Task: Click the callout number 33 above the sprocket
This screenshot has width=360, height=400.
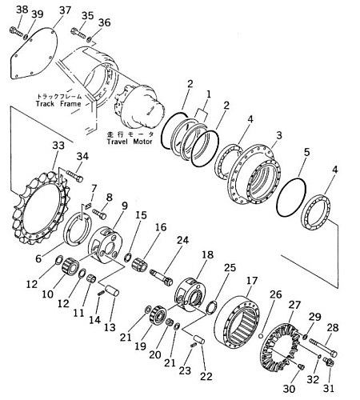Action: (x=58, y=146)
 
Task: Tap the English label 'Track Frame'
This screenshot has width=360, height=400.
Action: (x=58, y=103)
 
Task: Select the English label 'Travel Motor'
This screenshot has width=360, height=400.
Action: (x=130, y=142)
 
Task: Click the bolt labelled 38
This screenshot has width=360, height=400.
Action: (x=16, y=31)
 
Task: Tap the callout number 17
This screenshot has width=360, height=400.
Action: (x=252, y=281)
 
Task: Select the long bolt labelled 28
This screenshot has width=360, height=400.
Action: (x=323, y=347)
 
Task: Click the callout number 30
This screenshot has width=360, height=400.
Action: (x=289, y=389)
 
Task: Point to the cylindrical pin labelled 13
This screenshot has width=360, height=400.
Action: (x=112, y=290)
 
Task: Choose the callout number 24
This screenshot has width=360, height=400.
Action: (x=182, y=240)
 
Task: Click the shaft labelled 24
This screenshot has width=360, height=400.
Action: (x=161, y=278)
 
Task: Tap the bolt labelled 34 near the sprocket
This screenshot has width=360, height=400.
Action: (x=74, y=176)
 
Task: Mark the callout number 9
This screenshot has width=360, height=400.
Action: (x=125, y=206)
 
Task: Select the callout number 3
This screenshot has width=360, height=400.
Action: (x=278, y=135)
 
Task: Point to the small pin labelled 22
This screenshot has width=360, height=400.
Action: (x=199, y=340)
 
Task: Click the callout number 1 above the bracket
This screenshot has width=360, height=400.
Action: (x=209, y=94)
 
